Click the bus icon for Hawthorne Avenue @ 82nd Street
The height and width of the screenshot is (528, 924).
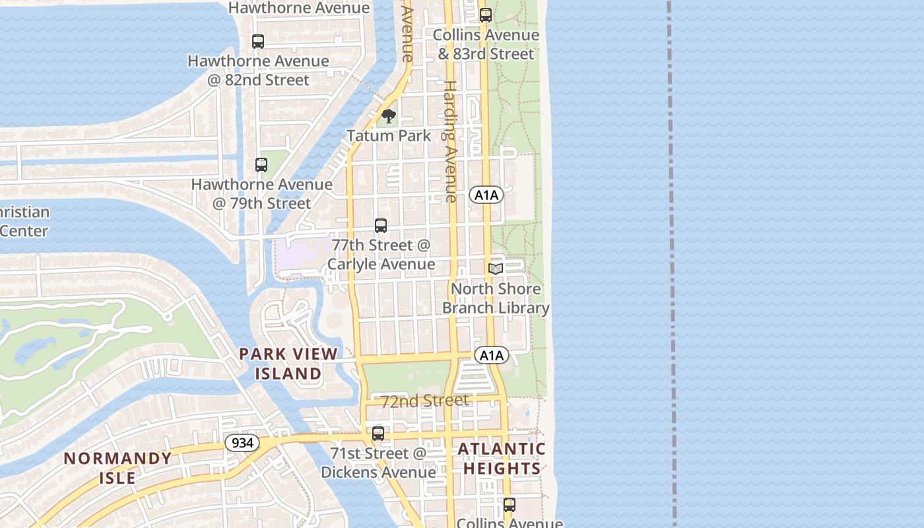(258, 41)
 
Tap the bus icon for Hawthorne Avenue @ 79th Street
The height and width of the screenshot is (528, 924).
(261, 165)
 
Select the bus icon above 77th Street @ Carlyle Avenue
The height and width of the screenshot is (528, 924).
(381, 226)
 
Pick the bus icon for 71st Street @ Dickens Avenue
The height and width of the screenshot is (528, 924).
(378, 434)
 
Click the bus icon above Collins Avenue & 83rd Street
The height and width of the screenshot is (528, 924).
(486, 15)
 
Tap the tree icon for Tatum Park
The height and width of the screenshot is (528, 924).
(389, 117)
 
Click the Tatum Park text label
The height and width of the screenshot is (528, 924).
(389, 136)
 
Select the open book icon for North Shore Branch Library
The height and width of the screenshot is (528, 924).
(496, 269)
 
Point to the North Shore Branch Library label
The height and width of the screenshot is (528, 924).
(496, 298)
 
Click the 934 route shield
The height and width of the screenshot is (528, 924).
(243, 443)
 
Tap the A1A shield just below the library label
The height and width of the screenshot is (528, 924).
(492, 356)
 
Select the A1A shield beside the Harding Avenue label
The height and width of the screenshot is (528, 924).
(486, 195)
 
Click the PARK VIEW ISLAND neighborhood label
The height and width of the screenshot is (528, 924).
(288, 364)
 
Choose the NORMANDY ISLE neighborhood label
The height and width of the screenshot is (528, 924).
(117, 468)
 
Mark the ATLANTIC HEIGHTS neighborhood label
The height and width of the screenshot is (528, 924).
(502, 459)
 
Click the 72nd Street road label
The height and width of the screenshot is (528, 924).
(425, 401)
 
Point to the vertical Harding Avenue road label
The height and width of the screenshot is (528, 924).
(450, 141)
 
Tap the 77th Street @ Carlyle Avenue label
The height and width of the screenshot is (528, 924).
(381, 255)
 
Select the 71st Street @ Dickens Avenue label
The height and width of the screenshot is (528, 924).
(378, 463)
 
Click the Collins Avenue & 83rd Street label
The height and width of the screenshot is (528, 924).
(486, 44)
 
